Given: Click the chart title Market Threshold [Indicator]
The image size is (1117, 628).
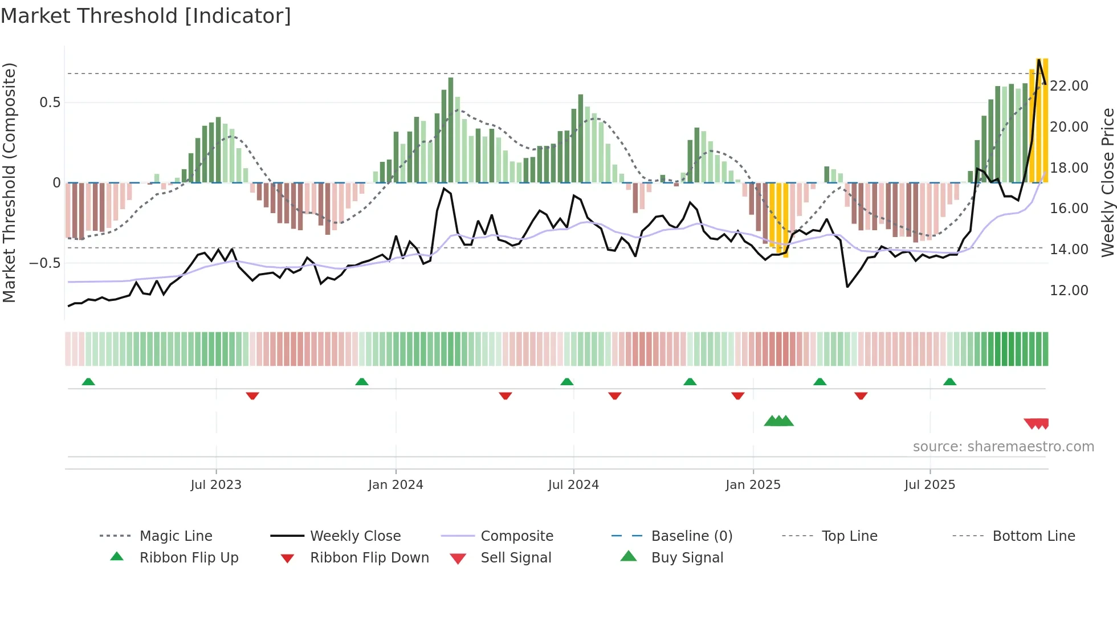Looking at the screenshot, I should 146,16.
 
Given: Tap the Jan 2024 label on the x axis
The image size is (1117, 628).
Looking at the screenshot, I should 396,485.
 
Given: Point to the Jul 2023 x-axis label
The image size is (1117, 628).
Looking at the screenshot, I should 216,485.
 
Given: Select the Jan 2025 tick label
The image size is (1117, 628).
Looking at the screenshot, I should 753,485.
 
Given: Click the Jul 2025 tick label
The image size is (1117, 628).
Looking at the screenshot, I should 930,485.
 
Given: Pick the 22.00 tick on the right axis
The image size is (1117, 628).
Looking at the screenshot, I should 1069,86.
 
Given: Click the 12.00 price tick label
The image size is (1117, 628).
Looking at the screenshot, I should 1069,291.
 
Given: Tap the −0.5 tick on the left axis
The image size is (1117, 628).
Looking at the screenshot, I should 45,263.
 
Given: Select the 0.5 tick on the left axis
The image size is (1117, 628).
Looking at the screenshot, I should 50,103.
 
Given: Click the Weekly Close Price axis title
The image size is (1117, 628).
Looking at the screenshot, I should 1107,182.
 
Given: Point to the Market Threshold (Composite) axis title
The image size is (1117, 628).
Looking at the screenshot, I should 9,182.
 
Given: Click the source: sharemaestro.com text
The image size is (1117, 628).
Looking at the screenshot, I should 1003,447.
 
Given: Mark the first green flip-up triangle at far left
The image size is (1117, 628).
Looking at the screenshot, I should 88,382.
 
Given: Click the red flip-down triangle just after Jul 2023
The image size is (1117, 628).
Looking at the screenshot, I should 252,395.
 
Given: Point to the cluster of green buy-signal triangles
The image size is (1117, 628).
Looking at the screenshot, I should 778,421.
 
